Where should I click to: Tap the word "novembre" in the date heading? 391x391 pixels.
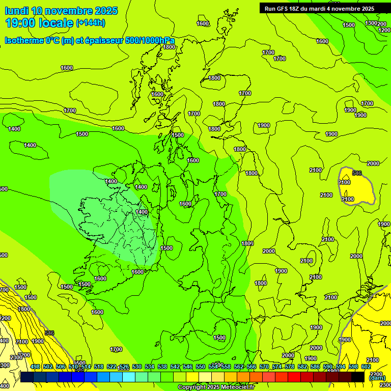pos(69,11)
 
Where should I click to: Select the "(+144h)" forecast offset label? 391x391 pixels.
pos(91,23)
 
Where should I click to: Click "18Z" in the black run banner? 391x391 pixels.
pos(296,9)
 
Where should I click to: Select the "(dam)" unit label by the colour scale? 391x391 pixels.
pos(377,378)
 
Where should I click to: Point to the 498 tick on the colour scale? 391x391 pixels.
pos(35,367)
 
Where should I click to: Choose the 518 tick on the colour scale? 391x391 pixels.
pos(99,367)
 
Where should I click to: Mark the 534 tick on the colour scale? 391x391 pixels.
pos(150,367)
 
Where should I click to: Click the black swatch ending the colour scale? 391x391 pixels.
pos(358,377)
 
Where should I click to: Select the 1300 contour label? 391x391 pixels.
pos(371,23)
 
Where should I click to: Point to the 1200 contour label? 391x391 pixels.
pos(384,30)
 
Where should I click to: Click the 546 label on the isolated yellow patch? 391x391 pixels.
pos(357,173)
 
